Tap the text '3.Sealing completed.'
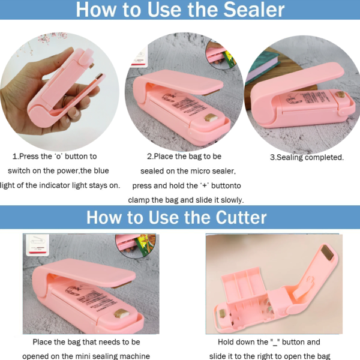click(306, 157)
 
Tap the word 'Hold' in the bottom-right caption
click(229, 342)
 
